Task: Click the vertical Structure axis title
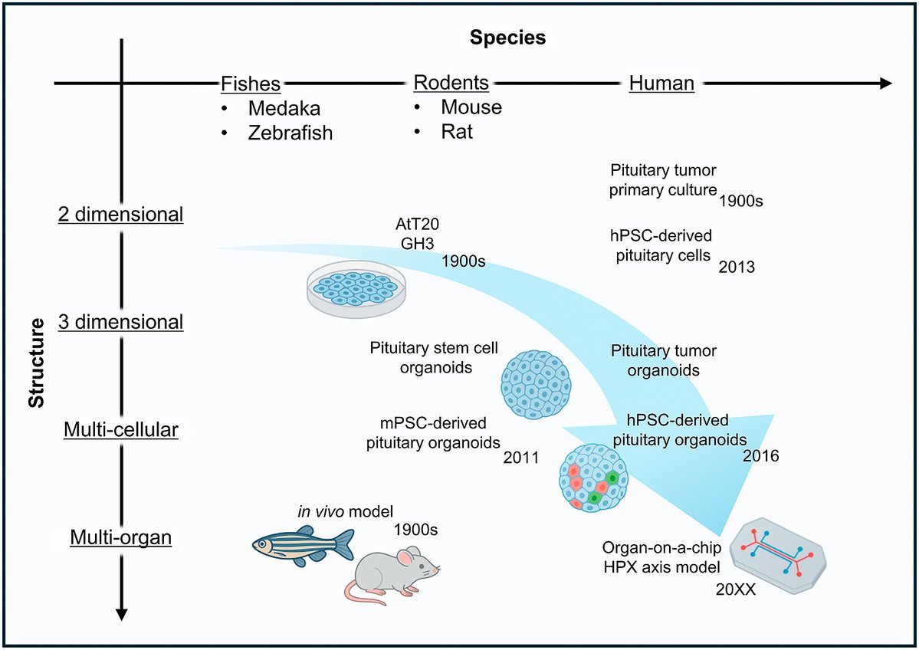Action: [36, 364]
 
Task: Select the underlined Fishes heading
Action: [250, 84]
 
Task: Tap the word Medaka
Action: [284, 108]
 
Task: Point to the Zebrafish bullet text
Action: [290, 133]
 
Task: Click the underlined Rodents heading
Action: [451, 82]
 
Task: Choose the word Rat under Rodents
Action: [457, 131]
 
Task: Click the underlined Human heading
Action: [661, 84]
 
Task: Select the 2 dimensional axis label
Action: [121, 215]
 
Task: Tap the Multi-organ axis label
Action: [121, 538]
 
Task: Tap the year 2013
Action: [737, 268]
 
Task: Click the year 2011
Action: [521, 458]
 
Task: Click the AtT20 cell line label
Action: [418, 223]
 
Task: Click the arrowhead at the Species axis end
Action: [885, 83]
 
